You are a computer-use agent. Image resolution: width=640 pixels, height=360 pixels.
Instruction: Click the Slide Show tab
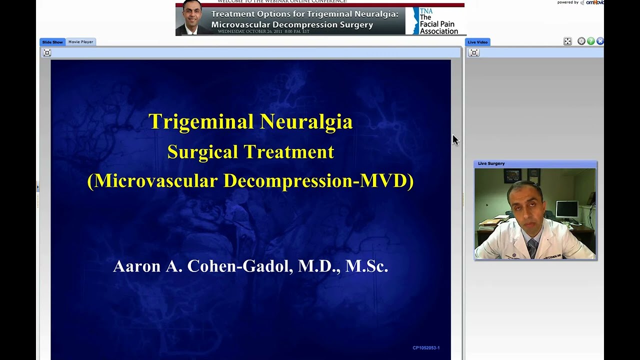tap(52, 42)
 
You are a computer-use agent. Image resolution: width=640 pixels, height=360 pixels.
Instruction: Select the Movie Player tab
tap(80, 42)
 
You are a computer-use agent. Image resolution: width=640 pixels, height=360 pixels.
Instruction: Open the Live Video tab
tap(477, 42)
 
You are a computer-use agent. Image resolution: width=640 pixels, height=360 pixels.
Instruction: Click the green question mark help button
tap(590, 41)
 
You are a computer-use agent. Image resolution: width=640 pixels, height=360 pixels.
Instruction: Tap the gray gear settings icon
tap(581, 41)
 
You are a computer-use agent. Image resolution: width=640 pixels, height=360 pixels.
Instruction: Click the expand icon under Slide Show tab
tap(47, 53)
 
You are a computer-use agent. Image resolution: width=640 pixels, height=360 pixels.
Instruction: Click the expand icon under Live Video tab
tap(474, 53)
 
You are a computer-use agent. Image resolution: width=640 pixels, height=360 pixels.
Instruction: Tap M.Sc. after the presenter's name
tap(366, 266)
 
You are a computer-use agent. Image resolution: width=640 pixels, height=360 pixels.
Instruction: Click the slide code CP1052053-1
tap(426, 347)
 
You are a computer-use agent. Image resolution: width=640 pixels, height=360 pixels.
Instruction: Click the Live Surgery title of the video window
tap(491, 163)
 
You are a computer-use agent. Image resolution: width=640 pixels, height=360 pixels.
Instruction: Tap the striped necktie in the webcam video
tap(532, 247)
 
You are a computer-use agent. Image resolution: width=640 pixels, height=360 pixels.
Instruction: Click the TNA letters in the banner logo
tap(426, 11)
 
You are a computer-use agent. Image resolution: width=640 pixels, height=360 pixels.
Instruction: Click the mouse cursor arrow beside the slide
tap(455, 139)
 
